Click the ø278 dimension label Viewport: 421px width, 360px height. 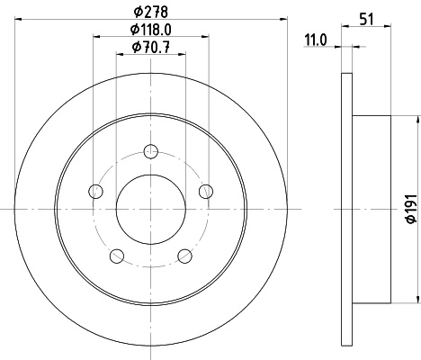click(151, 11)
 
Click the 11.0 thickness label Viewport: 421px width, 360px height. click(313, 40)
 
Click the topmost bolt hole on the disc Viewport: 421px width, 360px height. click(151, 150)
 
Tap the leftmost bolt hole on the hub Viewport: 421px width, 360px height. click(95, 190)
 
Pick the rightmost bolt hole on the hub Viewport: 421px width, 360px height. click(207, 190)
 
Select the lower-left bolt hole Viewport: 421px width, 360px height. click(116, 256)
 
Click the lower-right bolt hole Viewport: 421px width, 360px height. click(186, 256)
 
